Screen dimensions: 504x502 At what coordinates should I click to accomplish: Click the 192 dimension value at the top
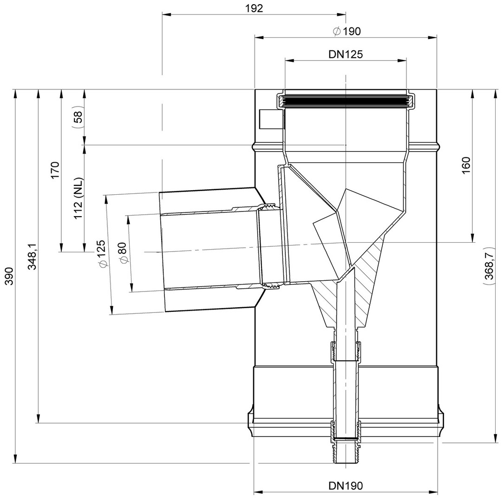click(x=254, y=8)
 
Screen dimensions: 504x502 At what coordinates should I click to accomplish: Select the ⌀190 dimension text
click(x=347, y=32)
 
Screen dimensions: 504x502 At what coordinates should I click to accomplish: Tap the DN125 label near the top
click(x=346, y=54)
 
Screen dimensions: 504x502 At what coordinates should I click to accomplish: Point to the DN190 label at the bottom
click(x=346, y=485)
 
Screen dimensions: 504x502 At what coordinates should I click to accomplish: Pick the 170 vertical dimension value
click(x=55, y=171)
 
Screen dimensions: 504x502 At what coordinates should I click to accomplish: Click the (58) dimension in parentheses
click(x=78, y=117)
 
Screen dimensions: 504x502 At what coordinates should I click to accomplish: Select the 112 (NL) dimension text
click(x=78, y=198)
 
